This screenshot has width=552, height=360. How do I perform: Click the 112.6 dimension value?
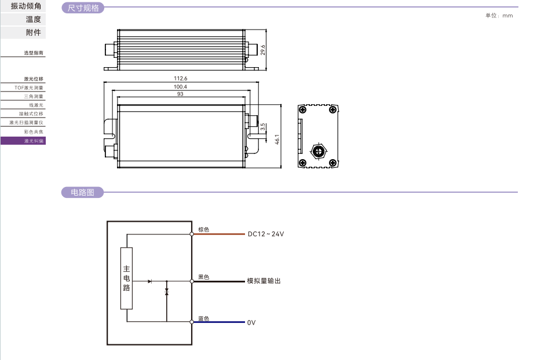click(x=181, y=78)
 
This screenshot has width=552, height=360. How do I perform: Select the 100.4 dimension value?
click(x=181, y=87)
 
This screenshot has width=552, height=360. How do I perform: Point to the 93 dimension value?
click(x=180, y=94)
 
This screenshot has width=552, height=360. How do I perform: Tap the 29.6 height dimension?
click(x=262, y=50)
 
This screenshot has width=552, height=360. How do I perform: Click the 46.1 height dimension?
click(x=277, y=139)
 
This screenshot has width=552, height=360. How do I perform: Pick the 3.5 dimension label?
click(x=262, y=126)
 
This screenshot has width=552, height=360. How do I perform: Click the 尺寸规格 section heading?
click(x=83, y=8)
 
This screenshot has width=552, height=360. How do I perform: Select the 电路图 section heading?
click(x=82, y=192)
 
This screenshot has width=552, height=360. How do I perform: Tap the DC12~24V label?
click(x=266, y=234)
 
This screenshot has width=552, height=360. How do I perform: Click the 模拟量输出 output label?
click(x=264, y=281)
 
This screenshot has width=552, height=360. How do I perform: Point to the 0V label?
click(x=251, y=322)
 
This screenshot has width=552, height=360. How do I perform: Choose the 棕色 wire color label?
click(x=203, y=230)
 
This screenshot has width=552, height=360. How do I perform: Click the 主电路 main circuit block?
click(x=126, y=278)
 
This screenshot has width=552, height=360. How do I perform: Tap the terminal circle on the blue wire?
click(x=192, y=322)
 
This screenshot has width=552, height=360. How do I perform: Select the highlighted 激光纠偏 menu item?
click(x=23, y=141)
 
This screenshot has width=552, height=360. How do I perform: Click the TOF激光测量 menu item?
click(x=29, y=87)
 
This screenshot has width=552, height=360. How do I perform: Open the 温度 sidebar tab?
click(x=33, y=19)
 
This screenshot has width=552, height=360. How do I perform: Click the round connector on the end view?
click(x=317, y=152)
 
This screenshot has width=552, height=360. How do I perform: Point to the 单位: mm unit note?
click(x=499, y=16)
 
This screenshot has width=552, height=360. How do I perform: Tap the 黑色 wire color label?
click(x=203, y=277)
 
